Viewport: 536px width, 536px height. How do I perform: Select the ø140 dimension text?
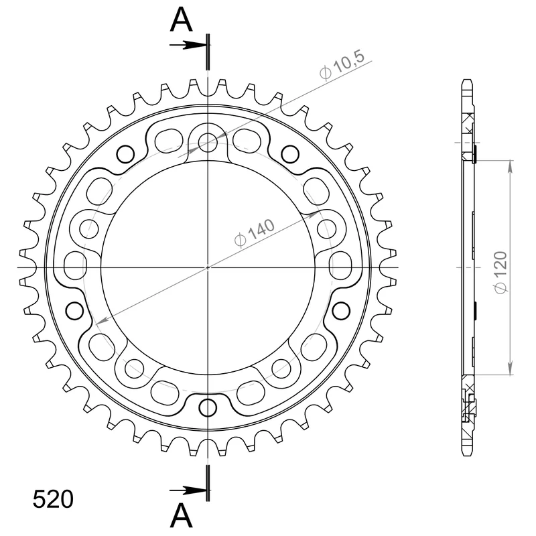255,232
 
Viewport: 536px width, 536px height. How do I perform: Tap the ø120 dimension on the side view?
500,273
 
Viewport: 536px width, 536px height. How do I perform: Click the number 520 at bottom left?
53,499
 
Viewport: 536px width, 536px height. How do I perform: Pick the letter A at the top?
181,20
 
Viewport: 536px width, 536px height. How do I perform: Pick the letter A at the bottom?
181,515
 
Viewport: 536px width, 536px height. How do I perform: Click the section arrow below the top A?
188,45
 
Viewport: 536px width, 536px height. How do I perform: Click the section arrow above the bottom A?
188,490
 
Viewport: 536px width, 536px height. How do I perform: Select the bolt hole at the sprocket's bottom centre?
208,407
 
